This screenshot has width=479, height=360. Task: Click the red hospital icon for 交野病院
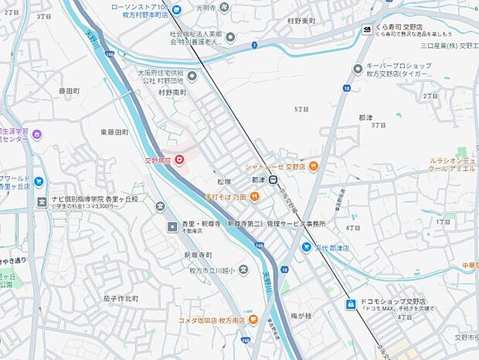180,160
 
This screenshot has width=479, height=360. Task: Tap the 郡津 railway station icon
273,180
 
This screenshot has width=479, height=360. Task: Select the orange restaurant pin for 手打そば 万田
254,198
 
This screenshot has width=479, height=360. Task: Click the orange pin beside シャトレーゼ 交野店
313,166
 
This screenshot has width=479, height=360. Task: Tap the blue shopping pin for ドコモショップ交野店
350,304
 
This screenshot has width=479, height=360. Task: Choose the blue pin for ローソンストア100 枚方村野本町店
176,9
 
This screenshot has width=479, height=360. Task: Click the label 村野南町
174,92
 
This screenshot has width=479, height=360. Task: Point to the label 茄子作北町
120,298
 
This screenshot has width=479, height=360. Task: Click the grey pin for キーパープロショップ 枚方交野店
357,70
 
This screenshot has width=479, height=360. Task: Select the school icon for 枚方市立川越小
243,270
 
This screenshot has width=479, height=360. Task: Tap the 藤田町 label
70,90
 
